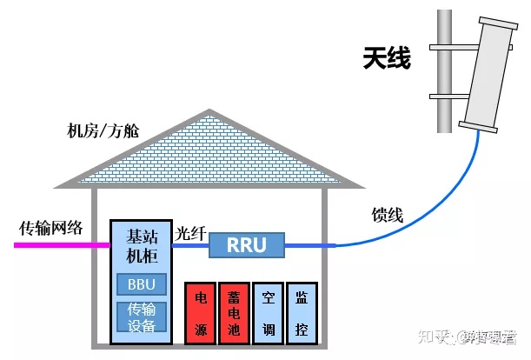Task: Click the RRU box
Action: (x=246, y=245)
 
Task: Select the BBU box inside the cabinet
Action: (x=141, y=284)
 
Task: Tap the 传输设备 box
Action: (x=141, y=317)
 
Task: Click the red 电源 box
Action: (x=199, y=311)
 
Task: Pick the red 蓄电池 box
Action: (x=233, y=311)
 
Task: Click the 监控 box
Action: (x=301, y=311)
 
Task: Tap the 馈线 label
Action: (x=388, y=215)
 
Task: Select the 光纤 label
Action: (x=190, y=233)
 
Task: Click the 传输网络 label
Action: (x=50, y=228)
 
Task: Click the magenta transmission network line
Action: (x=61, y=245)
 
